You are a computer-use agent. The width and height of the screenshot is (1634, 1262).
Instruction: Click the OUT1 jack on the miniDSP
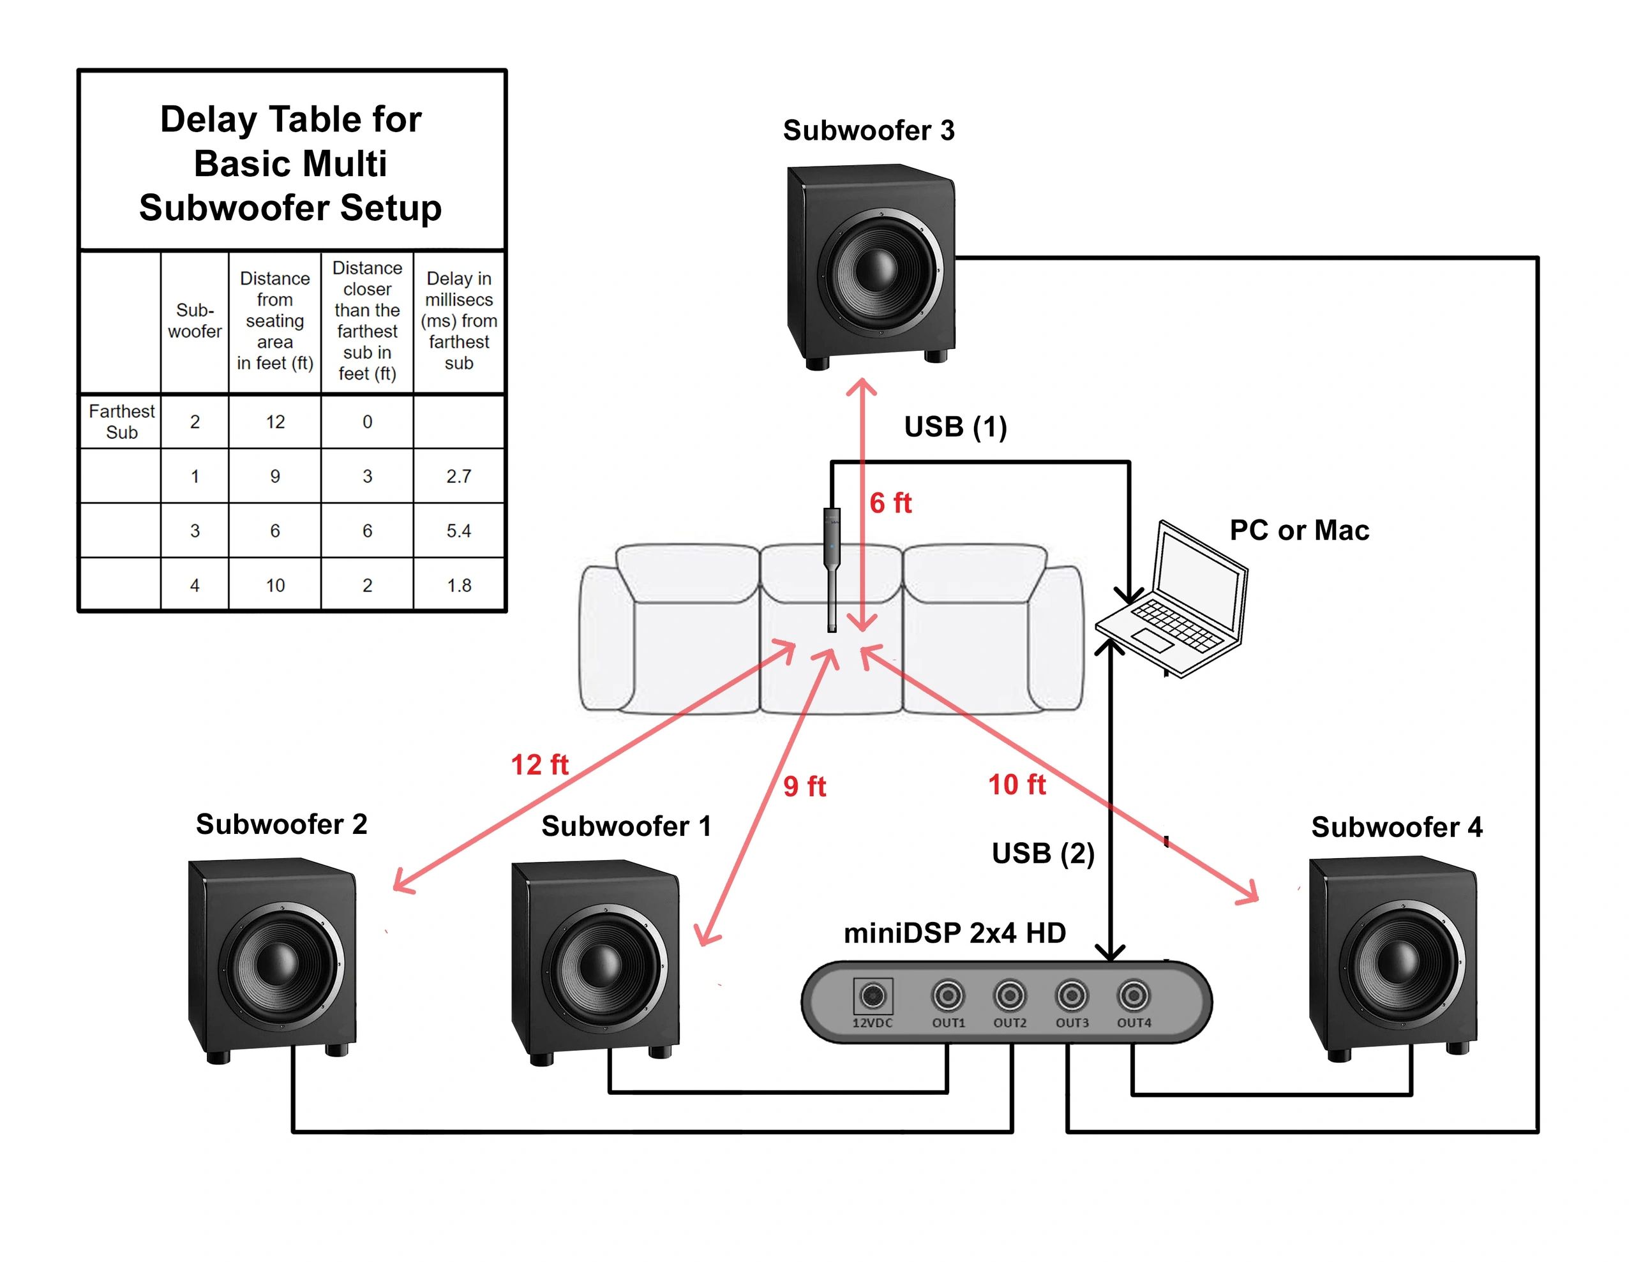(x=948, y=996)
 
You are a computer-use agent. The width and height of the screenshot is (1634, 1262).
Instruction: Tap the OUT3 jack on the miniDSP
(x=1072, y=996)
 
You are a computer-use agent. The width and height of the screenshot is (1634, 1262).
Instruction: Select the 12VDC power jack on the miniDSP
(x=873, y=996)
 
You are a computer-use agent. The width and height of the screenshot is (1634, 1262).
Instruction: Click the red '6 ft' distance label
(x=890, y=503)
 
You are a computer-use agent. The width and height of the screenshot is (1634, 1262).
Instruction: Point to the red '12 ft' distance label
(x=539, y=764)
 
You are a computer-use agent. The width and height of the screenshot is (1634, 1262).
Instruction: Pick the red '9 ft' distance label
(x=804, y=786)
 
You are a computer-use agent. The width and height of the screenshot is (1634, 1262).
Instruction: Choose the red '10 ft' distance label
(x=1017, y=785)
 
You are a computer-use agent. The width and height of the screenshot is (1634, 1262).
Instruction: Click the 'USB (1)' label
(x=956, y=426)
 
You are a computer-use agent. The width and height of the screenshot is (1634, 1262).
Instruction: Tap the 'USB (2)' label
(x=1043, y=853)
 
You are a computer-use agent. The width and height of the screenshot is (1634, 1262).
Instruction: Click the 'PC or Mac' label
(x=1300, y=530)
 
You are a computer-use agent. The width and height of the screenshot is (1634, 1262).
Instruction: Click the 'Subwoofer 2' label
(x=281, y=824)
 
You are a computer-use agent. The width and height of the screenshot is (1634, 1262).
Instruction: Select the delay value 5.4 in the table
(x=459, y=531)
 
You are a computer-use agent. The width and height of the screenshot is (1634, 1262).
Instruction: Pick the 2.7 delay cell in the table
(x=459, y=477)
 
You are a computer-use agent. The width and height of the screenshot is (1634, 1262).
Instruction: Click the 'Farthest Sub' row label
(x=121, y=422)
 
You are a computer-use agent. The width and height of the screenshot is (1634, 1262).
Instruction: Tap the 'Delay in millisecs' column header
(x=459, y=321)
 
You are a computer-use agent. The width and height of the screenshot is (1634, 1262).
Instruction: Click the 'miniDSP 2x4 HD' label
(x=955, y=933)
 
